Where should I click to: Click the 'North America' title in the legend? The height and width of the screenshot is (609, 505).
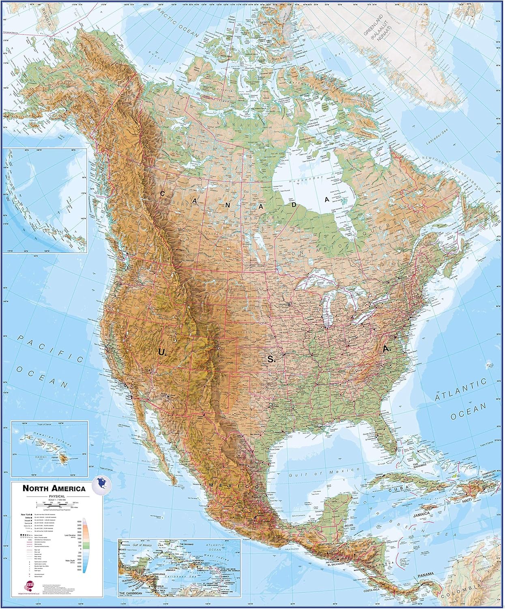click(x=54, y=488)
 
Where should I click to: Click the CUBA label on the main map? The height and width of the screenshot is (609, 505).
click(x=397, y=490)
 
